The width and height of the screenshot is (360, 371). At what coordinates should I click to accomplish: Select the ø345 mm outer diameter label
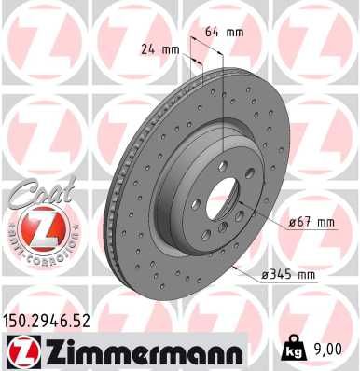290,275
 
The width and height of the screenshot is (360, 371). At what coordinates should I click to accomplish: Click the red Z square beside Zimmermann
20,351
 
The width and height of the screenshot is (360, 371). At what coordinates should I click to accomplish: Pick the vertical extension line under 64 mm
227,93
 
